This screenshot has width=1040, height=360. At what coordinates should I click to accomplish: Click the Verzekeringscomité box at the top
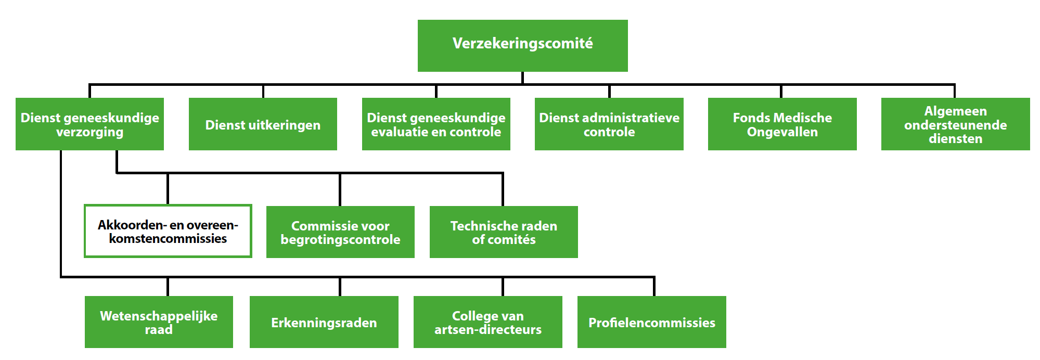pos(522,46)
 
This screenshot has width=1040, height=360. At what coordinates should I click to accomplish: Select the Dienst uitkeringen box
pos(263,124)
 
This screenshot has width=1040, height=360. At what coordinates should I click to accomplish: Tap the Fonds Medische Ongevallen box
pos(782,124)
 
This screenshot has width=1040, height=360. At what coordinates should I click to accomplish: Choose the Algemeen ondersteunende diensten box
pos(955,124)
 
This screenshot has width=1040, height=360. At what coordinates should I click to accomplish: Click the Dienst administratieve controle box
pos(609,124)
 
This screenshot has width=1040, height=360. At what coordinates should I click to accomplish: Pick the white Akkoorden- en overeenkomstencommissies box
pos(168,231)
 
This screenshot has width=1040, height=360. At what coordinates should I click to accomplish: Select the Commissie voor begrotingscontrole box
pos(340,232)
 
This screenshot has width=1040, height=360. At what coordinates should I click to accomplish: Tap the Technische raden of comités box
pos(504,232)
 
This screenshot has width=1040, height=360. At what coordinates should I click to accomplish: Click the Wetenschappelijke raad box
pos(159,322)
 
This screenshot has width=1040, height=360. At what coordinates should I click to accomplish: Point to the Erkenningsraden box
pos(324,322)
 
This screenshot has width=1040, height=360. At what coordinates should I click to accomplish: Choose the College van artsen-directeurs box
pos(487,322)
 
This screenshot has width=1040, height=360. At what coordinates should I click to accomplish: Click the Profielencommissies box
pos(651,322)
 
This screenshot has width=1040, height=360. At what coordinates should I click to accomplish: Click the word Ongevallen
pos(782,132)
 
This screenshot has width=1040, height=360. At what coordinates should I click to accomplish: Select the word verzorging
pos(89,133)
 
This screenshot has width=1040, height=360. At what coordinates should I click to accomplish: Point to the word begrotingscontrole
pos(340,240)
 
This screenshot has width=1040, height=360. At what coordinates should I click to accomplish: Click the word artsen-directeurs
pos(488,330)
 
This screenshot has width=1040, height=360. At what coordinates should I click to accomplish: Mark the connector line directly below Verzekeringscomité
pos(522,78)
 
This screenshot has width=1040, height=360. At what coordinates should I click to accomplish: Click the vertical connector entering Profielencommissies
pos(654,287)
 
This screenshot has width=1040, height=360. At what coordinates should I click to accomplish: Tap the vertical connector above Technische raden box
pos(503,189)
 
